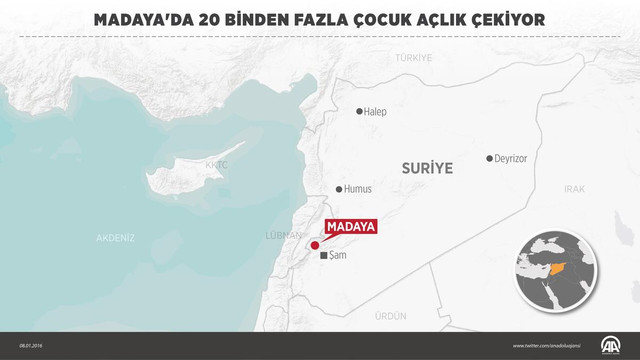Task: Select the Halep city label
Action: point(376,112)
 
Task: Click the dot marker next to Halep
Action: point(360,112)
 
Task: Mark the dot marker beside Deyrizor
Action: point(490,159)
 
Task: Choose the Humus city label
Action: point(359,189)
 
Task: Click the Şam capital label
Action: point(337,257)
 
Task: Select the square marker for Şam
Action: point(323,257)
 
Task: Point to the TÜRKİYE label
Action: point(413,58)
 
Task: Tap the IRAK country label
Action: point(574,188)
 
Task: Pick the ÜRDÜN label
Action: point(390,315)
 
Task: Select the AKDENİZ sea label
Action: point(115,238)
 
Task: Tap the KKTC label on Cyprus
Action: point(216,164)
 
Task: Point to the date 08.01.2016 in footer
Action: point(29,346)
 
